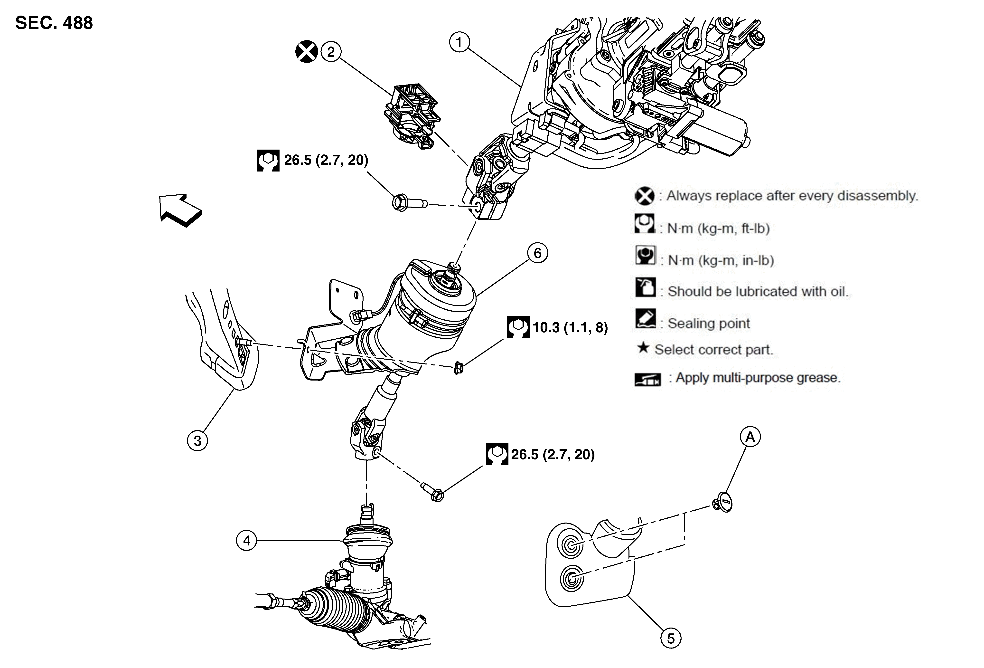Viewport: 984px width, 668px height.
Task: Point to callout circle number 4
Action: click(x=246, y=541)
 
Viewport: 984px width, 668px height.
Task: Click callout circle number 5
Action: click(x=671, y=638)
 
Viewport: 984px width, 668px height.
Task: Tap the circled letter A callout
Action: click(x=750, y=437)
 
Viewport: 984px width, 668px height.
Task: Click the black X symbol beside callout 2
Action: click(x=307, y=52)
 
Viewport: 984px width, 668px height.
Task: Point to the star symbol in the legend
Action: click(x=643, y=348)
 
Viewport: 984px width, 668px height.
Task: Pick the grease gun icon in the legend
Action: click(x=647, y=379)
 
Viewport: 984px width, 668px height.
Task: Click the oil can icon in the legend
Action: click(x=645, y=287)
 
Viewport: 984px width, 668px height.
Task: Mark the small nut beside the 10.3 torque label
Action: click(x=458, y=368)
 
